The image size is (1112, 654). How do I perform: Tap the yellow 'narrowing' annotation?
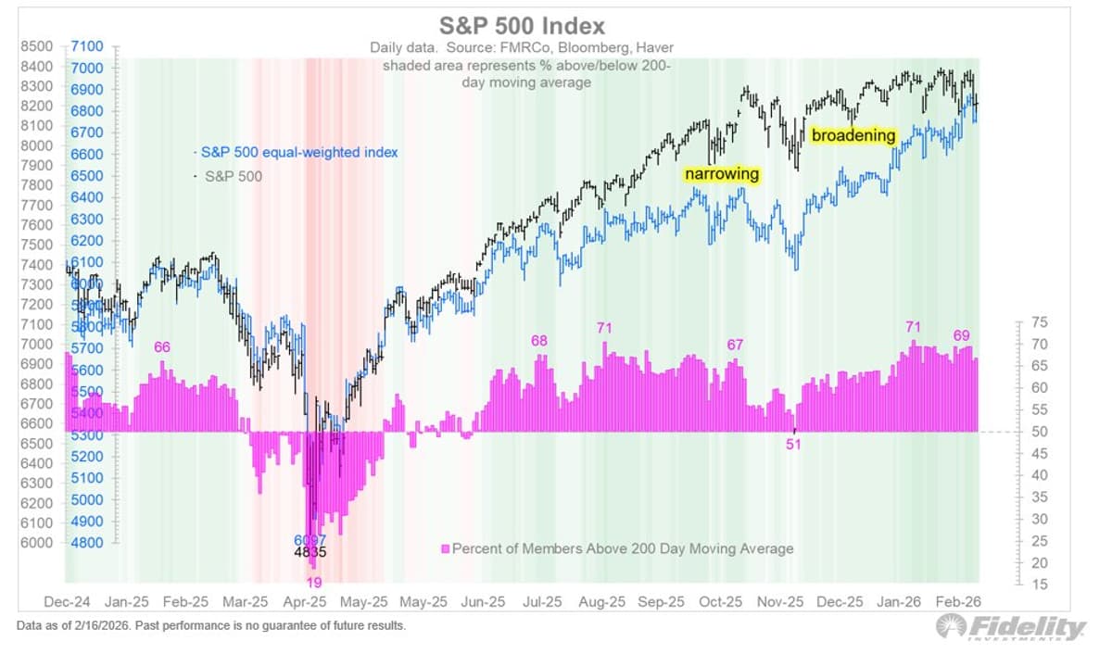pos(722,174)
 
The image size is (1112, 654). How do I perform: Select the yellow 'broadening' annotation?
pos(853,135)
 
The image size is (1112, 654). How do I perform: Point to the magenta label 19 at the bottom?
pos(314,583)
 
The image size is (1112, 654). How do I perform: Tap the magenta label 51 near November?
pos(793,444)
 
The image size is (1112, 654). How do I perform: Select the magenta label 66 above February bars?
pos(162,346)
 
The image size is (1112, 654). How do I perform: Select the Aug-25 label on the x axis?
pos(602,602)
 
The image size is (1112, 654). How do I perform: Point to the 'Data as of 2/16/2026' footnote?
pos(211,626)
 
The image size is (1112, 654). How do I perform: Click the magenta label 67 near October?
pos(735,345)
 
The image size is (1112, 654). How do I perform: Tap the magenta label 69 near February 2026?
pos(961,335)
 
